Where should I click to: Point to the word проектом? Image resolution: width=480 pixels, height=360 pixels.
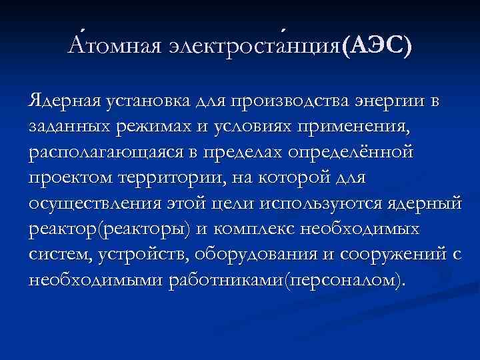click(69, 177)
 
